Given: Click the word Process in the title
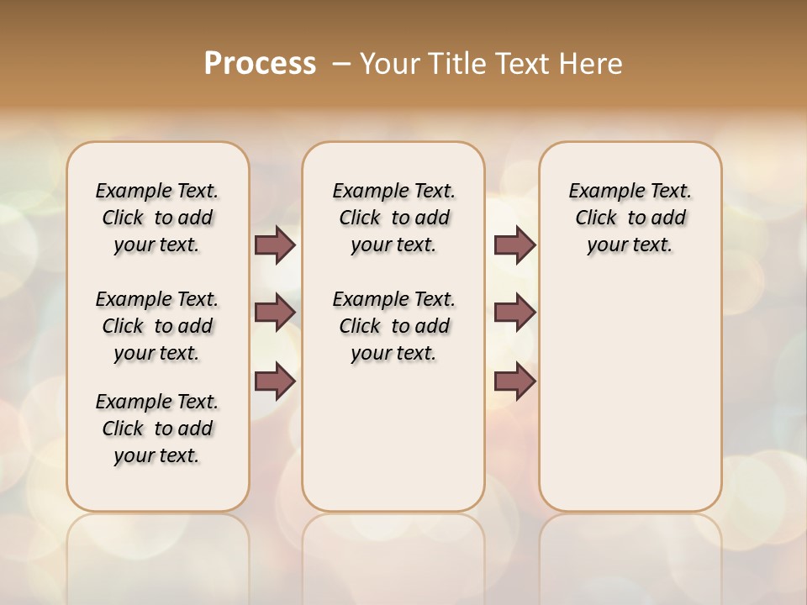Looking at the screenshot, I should tap(260, 64).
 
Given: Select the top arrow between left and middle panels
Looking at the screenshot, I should tap(275, 245).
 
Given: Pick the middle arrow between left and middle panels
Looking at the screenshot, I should tap(275, 313).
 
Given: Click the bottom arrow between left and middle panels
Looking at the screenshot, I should tap(275, 381).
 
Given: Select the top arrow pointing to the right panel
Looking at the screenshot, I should tap(514, 245).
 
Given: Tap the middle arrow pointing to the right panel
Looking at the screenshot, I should tap(514, 313).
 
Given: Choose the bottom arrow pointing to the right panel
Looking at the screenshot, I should tap(514, 381).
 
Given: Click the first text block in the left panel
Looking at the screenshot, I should tap(157, 218).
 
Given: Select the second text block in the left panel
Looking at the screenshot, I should tap(157, 326).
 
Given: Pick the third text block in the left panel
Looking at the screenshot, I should tap(157, 429).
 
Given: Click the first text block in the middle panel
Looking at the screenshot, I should tap(393, 218).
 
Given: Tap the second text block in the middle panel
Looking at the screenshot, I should tap(393, 326).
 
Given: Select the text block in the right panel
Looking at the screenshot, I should tap(630, 218).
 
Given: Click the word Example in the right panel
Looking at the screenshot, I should tap(601, 191).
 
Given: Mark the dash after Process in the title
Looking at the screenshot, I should tap(342, 64).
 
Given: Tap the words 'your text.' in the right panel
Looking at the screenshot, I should tap(630, 245).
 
